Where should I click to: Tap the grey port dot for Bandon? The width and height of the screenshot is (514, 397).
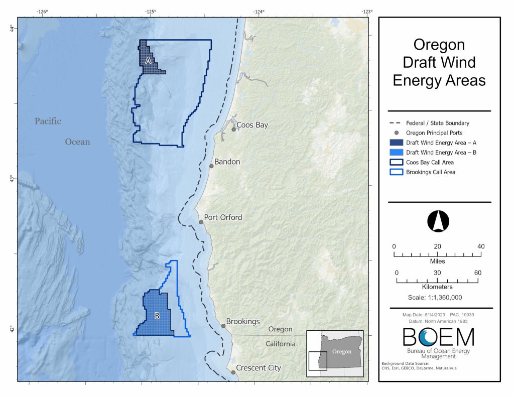point(211,166)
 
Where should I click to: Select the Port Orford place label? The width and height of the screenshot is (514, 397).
point(223,217)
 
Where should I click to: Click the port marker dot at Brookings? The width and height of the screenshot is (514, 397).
point(223,326)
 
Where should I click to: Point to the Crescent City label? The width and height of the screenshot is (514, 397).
point(258,368)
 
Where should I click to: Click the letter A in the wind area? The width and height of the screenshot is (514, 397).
point(148,60)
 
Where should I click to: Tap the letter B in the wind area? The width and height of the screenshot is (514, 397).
point(157,316)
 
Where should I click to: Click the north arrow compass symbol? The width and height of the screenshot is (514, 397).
point(438,221)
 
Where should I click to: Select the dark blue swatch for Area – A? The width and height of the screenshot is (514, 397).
point(396,143)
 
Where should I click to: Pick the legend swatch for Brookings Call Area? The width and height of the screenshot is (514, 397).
point(396,172)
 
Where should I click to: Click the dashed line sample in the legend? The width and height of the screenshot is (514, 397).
point(396,123)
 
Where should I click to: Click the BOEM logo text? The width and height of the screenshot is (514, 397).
point(438,338)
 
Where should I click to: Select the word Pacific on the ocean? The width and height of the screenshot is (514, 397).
point(48,121)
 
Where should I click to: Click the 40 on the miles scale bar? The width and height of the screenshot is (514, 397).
point(481,246)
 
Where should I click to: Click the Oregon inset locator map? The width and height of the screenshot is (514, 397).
point(335,353)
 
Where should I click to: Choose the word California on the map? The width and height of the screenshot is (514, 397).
point(280,344)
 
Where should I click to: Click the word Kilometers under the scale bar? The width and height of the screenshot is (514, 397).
point(437,287)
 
